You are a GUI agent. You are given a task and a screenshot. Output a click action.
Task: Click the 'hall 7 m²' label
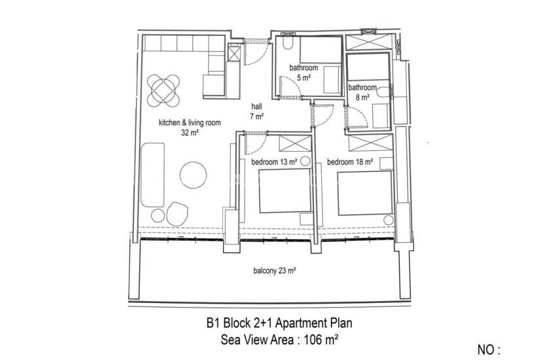[x=256, y=111]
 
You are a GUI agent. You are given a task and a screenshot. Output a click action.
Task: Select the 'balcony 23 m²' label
[x=275, y=271]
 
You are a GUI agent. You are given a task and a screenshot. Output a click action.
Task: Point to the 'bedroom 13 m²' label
[x=274, y=162]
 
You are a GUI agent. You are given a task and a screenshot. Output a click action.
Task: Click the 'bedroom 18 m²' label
[x=350, y=162]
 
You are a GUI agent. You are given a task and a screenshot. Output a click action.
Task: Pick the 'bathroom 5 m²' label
[x=304, y=73]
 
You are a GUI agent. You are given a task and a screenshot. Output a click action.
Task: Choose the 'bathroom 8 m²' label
[x=362, y=92]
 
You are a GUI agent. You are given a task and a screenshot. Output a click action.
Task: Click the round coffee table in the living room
[x=193, y=175]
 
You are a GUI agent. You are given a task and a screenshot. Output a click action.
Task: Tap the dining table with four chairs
[x=164, y=90]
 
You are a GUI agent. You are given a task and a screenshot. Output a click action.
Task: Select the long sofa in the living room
[x=152, y=175]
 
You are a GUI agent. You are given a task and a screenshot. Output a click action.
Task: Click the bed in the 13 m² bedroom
[x=285, y=191]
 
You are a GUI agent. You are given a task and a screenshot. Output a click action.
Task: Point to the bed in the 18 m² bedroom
[x=365, y=193]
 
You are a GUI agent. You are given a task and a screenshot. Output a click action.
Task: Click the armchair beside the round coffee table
[x=177, y=213]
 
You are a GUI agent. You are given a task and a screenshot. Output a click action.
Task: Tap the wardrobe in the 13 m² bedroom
[x=295, y=143]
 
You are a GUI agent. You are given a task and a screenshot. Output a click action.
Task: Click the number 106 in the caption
[x=311, y=340]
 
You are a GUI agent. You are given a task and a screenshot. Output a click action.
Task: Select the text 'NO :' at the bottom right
[x=489, y=350]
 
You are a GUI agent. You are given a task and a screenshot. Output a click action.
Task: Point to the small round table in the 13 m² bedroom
[x=305, y=162]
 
